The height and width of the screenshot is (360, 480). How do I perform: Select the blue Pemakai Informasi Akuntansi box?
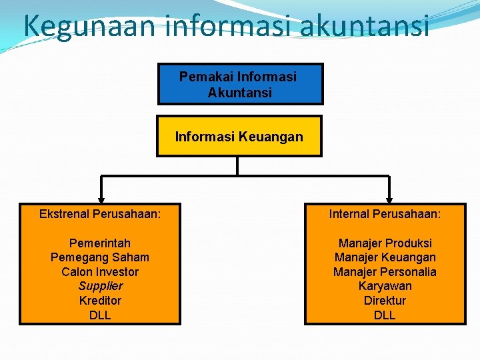pyautogui.click(x=240, y=85)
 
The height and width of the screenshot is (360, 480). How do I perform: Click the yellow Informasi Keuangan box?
pyautogui.click(x=239, y=137)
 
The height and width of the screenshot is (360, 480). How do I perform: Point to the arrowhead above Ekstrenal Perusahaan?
pyautogui.click(x=101, y=198)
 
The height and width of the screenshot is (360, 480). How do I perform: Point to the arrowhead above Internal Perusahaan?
pyautogui.click(x=389, y=198)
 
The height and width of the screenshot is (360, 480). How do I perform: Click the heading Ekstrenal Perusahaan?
pyautogui.click(x=100, y=214)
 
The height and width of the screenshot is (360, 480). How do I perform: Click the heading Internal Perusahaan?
pyautogui.click(x=385, y=214)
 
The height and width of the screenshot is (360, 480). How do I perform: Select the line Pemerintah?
pyautogui.click(x=100, y=243)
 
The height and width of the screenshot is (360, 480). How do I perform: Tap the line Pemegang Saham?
pyautogui.click(x=100, y=257)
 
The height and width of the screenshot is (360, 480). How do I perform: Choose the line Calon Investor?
pyautogui.click(x=100, y=272)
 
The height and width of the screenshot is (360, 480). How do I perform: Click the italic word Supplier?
pyautogui.click(x=101, y=286)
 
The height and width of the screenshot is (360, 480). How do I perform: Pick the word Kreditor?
pyautogui.click(x=100, y=301)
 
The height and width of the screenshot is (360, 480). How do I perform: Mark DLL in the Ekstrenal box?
pyautogui.click(x=100, y=315)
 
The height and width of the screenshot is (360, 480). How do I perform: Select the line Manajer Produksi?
pyautogui.click(x=385, y=243)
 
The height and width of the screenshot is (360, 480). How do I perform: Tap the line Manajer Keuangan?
pyautogui.click(x=385, y=257)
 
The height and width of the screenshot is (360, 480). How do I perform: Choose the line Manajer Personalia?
pyautogui.click(x=385, y=272)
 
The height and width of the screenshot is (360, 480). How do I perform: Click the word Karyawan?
pyautogui.click(x=385, y=286)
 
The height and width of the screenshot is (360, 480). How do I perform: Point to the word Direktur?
pyautogui.click(x=385, y=301)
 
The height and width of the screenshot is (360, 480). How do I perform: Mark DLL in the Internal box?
pyautogui.click(x=385, y=315)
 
